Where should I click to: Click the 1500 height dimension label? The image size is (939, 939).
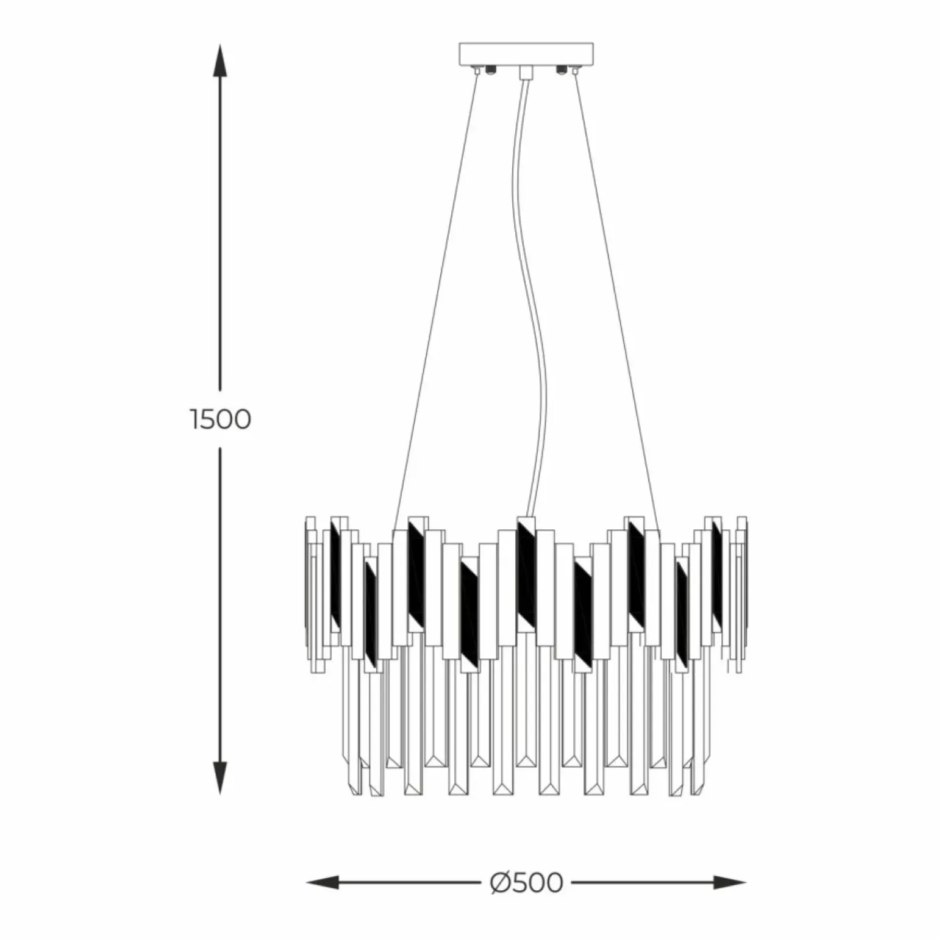tap(220, 420)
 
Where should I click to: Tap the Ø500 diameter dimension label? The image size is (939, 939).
tap(526, 882)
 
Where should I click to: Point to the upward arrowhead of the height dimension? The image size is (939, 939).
tap(220, 61)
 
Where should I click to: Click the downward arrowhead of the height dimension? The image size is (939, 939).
tap(220, 778)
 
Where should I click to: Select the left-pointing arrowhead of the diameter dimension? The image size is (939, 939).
tap(323, 882)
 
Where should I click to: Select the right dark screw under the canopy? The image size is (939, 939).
tap(559, 70)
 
